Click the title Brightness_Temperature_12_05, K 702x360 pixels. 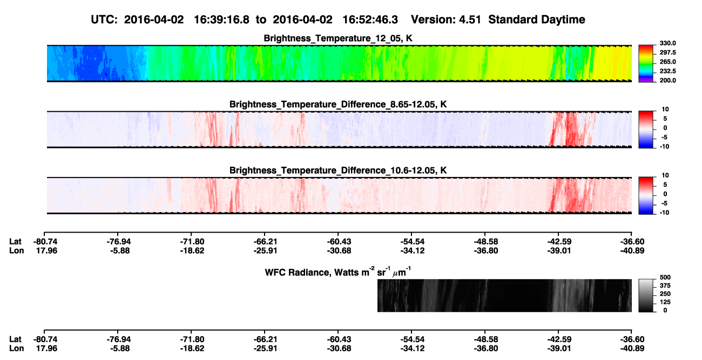tap(338, 38)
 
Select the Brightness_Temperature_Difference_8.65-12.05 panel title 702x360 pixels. tap(338, 104)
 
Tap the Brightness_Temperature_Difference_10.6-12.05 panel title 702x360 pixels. tap(338, 171)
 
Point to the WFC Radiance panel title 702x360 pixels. tap(338, 272)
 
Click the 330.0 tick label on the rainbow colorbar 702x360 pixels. tap(667, 43)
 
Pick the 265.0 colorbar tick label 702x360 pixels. tap(667, 62)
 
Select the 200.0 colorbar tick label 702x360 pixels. tap(667, 80)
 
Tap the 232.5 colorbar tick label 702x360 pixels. tap(667, 71)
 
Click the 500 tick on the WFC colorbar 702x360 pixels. tap(665, 277)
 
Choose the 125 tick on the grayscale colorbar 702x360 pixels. tap(665, 302)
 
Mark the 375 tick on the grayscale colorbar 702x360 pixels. tap(665, 286)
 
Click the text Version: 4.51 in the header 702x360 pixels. tap(446, 19)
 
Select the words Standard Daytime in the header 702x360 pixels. tap(537, 19)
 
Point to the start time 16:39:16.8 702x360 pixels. tap(221, 19)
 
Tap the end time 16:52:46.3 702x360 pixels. tap(370, 19)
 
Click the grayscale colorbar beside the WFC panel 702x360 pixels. tap(646, 295)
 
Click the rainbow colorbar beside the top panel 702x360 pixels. tap(646, 64)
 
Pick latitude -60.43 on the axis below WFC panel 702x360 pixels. tap(339, 339)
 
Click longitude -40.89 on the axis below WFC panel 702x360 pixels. tap(632, 349)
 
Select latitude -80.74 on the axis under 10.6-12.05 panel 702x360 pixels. tap(45, 242)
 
